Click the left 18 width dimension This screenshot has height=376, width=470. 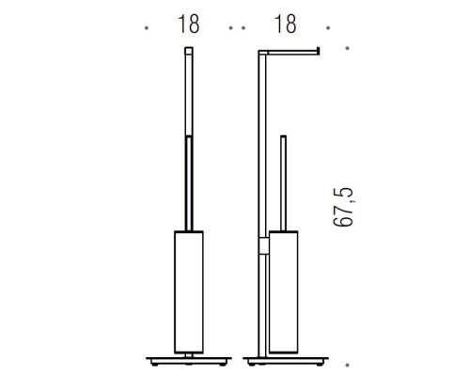point(187,25)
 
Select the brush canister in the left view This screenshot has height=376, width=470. point(188,291)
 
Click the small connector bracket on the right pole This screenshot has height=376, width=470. point(264,247)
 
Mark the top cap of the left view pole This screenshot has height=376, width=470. point(188,47)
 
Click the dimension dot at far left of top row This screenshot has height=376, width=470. point(147,28)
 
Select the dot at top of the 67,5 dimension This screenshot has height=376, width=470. point(349,48)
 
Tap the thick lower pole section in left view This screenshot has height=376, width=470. point(188,183)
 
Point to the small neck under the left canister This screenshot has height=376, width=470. point(188,353)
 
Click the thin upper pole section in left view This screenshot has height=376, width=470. point(188,94)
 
